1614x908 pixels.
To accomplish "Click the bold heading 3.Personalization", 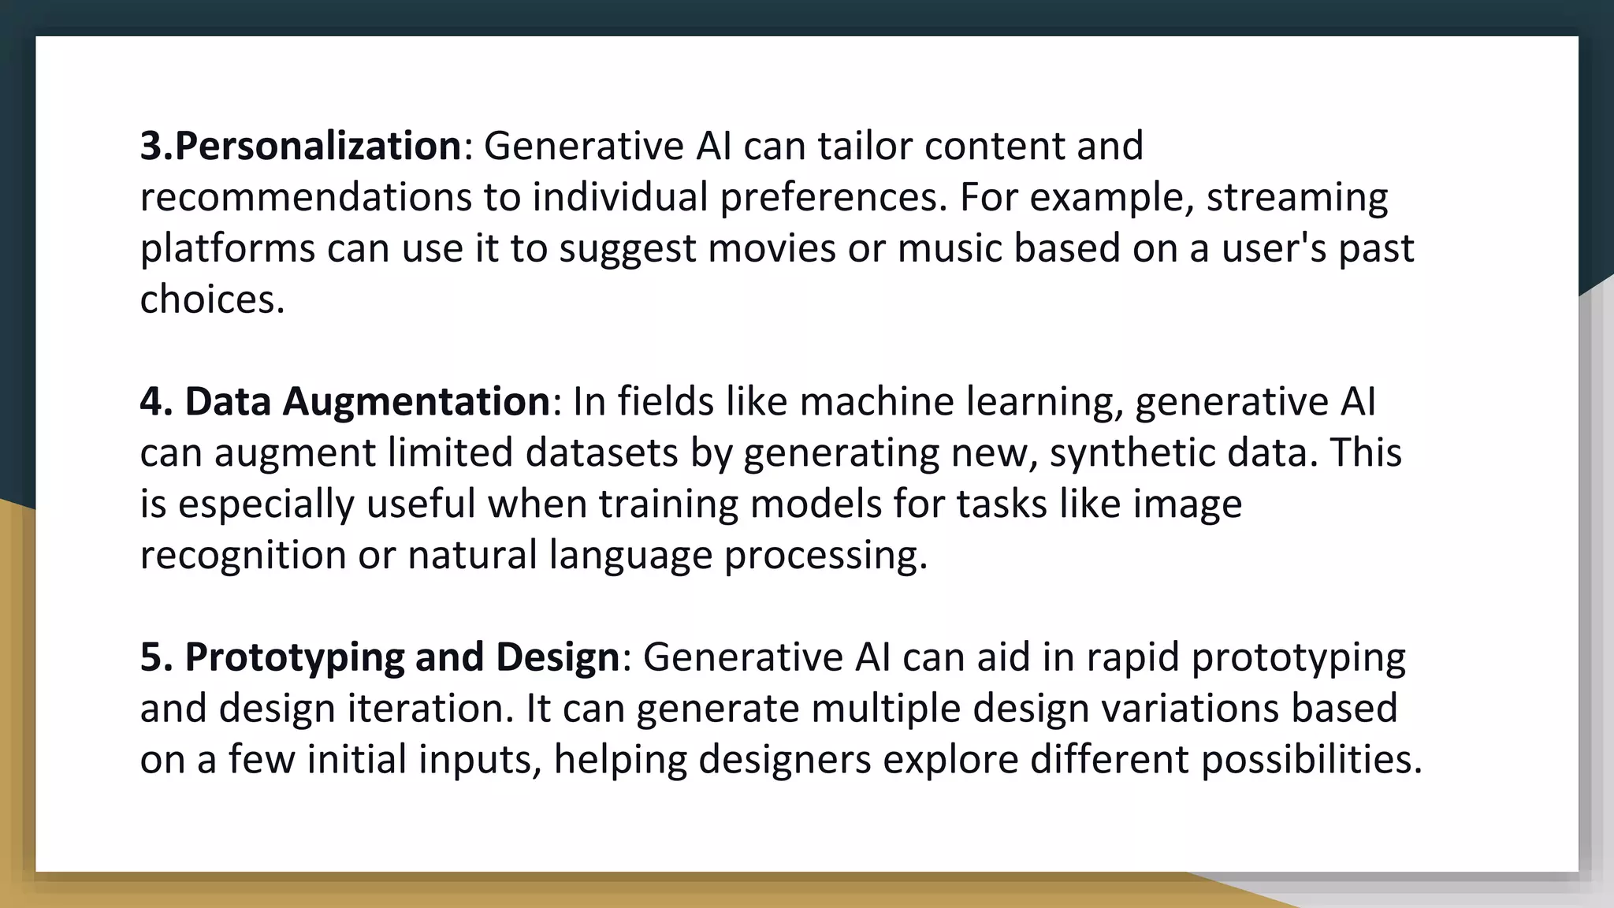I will (x=300, y=146).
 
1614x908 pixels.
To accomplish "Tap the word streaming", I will (x=1296, y=197).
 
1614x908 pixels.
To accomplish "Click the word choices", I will (x=211, y=300).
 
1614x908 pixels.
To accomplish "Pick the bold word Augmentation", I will (x=416, y=401).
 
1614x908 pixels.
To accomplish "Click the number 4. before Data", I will (x=155, y=401).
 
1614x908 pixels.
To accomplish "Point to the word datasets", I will (x=601, y=452).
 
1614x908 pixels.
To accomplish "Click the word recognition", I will (x=243, y=555).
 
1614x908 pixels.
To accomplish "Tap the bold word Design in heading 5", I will (x=557, y=657).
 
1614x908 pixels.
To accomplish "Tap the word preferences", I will (x=832, y=197).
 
